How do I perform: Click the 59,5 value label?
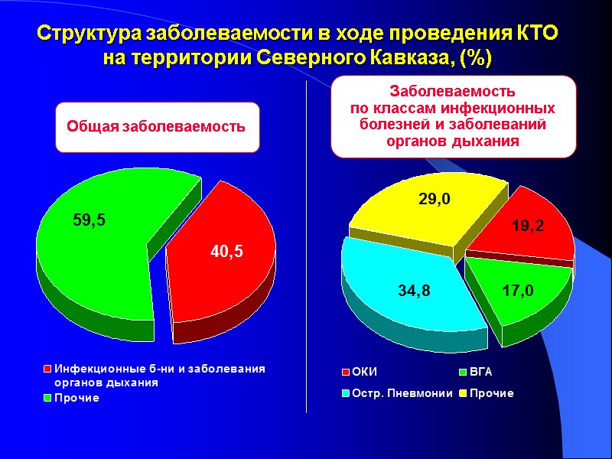coord(89,220)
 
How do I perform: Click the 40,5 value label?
coord(227,251)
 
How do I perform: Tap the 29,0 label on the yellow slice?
coord(434,199)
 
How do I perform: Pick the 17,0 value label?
coord(518,291)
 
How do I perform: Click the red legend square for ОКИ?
coord(346,373)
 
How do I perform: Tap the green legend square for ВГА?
coord(463,373)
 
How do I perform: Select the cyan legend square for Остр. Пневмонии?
coord(346,393)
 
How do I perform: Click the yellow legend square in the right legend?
coord(463,393)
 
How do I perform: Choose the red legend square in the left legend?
coord(47,369)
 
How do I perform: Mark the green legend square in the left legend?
coord(47,398)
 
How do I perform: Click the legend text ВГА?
coord(481,373)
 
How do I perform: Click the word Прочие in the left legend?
coord(76,398)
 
